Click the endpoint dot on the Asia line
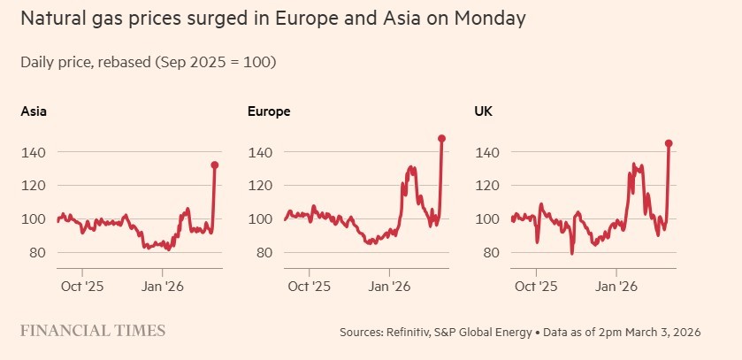pos(214,165)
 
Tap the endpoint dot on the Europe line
pos(441,138)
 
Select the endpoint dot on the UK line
pos(669,143)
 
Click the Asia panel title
pos(34,111)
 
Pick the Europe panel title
pos(269,111)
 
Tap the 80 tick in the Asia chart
pos(37,253)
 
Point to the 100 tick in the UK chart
pos(488,219)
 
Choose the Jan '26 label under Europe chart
pos(389,287)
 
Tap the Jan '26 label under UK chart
pos(616,287)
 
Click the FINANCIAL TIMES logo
pos(93,331)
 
